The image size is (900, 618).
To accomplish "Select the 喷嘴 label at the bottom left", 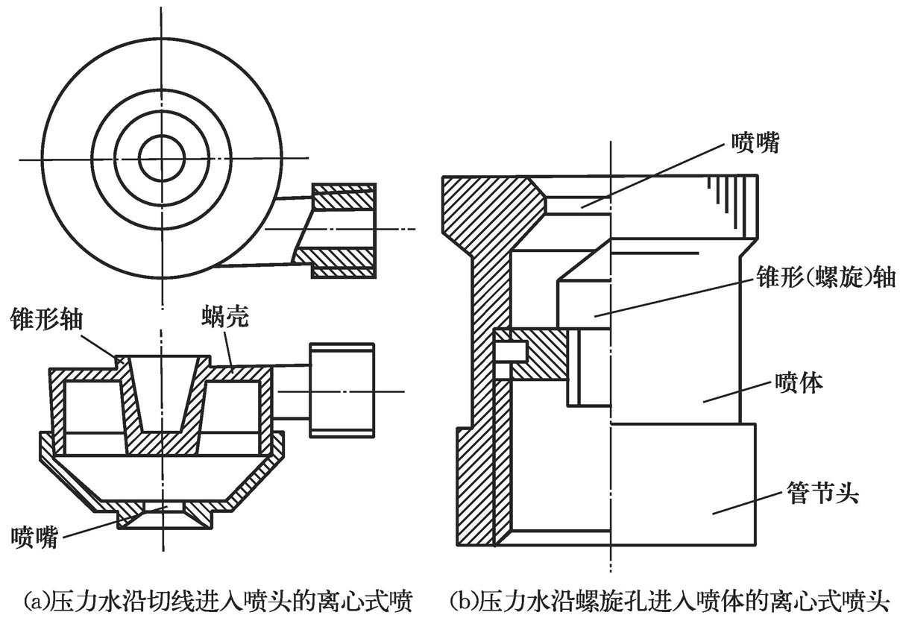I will [x=35, y=535].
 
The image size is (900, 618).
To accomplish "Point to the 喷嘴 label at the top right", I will [x=755, y=143].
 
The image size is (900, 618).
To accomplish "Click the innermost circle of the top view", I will [x=162, y=159].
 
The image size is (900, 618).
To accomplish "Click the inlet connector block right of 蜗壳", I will [x=339, y=390].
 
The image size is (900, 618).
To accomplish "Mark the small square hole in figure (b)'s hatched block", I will [x=514, y=350].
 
